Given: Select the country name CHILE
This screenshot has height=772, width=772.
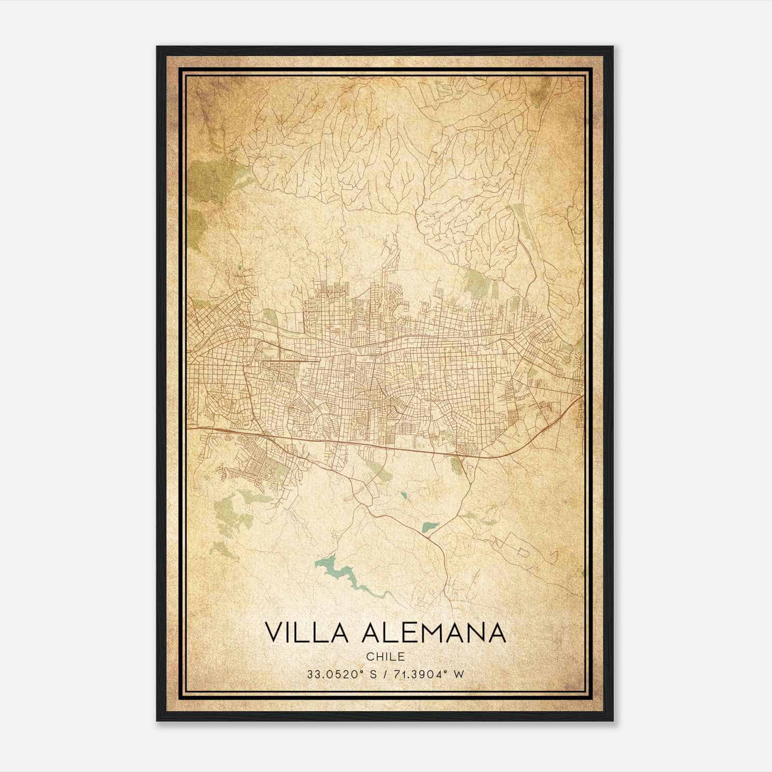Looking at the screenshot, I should tap(385, 657).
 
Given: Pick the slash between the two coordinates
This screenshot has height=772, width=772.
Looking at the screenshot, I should tap(384, 675).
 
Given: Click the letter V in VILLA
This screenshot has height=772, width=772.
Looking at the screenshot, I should tap(273, 633).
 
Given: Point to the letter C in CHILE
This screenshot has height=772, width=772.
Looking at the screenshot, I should tap(369, 657).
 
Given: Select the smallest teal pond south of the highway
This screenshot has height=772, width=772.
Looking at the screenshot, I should tap(403, 495).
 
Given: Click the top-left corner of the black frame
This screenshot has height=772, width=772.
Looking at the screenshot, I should tap(158, 47).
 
